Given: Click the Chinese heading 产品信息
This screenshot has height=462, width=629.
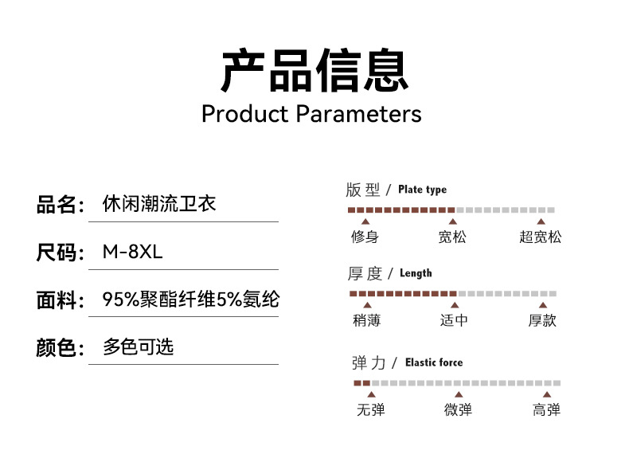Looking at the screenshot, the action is point(314,70).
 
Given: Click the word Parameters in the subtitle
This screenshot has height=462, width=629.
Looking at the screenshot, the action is point(358,113).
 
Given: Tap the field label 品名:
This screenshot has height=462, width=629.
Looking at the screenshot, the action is point(60,206).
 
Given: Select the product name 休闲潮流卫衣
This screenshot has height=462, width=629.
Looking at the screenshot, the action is point(159,205).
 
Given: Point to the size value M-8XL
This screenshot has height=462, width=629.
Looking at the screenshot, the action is point(132,253).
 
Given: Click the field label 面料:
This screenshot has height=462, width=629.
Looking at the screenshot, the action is point(60,300).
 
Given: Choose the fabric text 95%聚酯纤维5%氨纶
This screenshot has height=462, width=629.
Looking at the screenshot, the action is point(191,300).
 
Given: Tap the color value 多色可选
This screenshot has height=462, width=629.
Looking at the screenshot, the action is point(138,347).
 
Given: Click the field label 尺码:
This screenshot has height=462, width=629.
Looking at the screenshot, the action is point(60,253).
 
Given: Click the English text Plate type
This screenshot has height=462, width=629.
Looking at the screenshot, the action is point(422,190).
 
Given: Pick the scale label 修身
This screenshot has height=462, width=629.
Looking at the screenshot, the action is point(365,237).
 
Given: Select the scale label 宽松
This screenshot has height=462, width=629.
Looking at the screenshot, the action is point(452,237).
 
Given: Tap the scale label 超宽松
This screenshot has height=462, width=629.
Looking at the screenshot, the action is point(541,237).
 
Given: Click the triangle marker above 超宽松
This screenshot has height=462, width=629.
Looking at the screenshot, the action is point(541,221).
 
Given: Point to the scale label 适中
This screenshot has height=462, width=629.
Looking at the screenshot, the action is point(454,320).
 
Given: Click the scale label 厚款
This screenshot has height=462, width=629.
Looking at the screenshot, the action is point(542,320).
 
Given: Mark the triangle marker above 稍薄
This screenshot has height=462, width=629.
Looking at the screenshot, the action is point(366,305).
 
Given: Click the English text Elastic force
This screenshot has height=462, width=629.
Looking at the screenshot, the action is point(433,362).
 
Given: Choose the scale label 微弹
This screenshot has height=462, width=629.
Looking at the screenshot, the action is point(458,410).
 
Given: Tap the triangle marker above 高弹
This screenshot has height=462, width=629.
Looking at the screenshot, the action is point(546,395).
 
